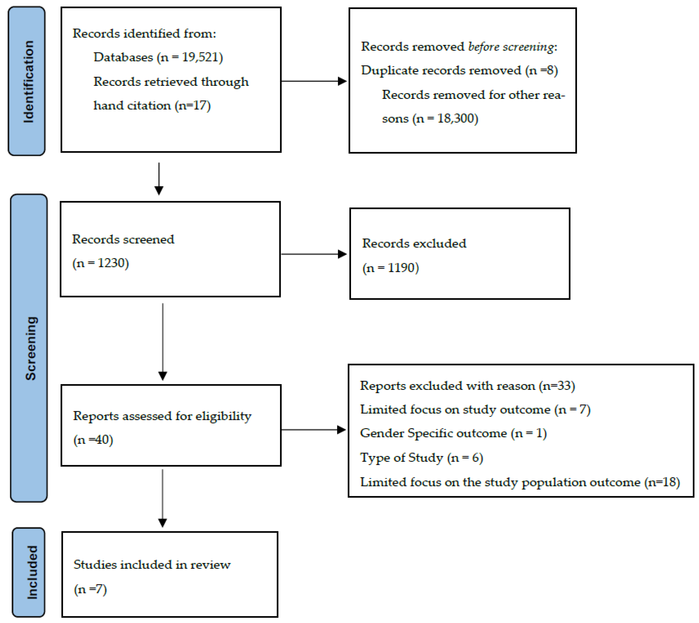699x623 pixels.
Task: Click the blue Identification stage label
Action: [27, 81]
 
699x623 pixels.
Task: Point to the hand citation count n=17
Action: [193, 105]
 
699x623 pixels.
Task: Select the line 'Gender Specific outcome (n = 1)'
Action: [453, 433]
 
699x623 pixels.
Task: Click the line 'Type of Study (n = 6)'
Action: [421, 458]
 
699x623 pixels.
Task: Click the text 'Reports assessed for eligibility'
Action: [162, 416]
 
